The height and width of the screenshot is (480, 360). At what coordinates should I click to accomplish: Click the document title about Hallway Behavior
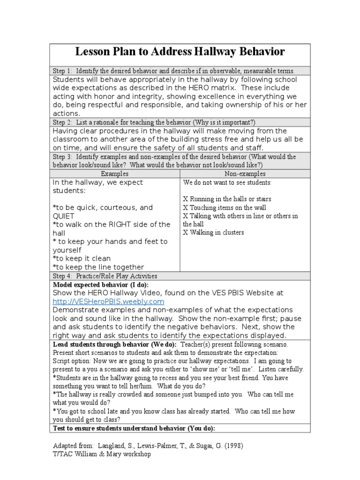(x=180, y=52)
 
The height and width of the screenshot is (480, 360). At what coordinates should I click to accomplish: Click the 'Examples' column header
(x=115, y=173)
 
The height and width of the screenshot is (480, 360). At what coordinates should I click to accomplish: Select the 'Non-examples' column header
(x=245, y=173)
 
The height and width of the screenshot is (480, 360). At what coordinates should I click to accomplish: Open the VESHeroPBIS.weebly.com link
(x=108, y=301)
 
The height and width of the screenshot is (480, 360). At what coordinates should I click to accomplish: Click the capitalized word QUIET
(x=65, y=216)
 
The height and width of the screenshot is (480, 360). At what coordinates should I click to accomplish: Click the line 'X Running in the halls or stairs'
(x=227, y=199)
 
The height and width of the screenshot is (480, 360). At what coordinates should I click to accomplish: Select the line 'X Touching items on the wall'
(x=225, y=208)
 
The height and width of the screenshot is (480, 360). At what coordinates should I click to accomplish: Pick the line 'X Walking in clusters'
(x=213, y=232)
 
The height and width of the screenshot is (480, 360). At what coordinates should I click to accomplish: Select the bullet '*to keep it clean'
(x=82, y=258)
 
